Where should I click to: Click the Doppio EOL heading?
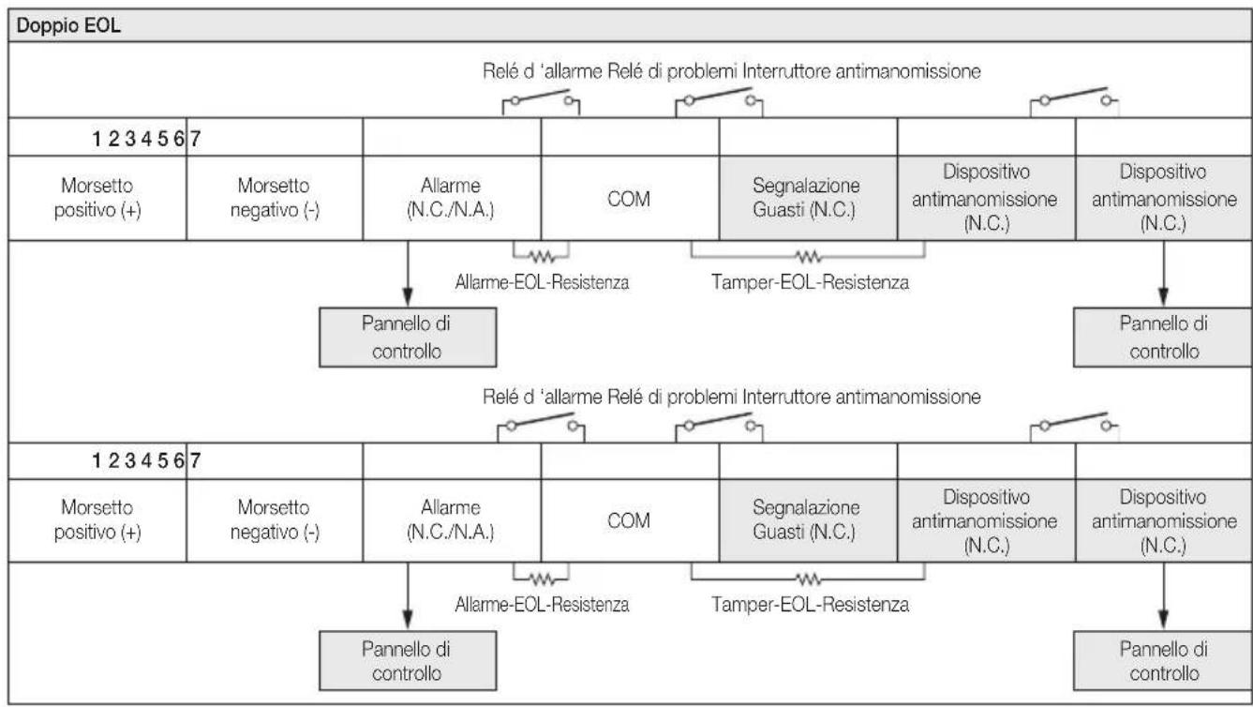(68, 25)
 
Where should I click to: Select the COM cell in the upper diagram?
(630, 199)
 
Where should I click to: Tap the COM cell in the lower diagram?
(630, 520)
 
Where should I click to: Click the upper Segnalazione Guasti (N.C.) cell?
(808, 199)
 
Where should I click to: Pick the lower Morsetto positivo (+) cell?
(97, 520)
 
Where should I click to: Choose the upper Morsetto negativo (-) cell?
(275, 199)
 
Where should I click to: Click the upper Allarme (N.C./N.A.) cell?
(452, 199)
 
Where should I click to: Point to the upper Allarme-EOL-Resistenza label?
(542, 282)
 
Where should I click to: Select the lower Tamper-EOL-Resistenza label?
(810, 605)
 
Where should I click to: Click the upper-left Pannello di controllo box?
(408, 338)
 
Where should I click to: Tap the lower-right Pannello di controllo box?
(1163, 661)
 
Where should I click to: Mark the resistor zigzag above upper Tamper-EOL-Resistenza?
(808, 257)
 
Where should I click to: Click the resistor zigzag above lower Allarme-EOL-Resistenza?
(542, 579)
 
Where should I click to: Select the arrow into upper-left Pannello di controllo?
(408, 274)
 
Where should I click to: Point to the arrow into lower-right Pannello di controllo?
(1164, 596)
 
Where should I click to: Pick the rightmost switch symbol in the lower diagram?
(1074, 427)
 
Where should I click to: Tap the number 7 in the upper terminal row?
(195, 138)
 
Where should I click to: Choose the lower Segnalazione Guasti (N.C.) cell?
(808, 520)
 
